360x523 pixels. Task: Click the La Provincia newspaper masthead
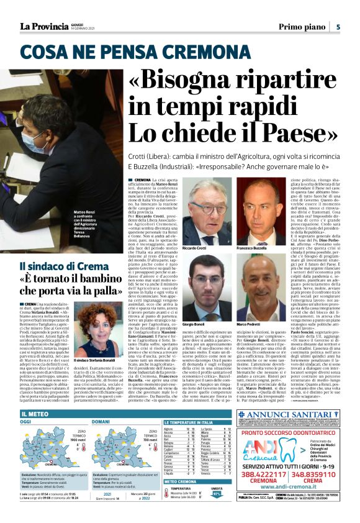43,26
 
